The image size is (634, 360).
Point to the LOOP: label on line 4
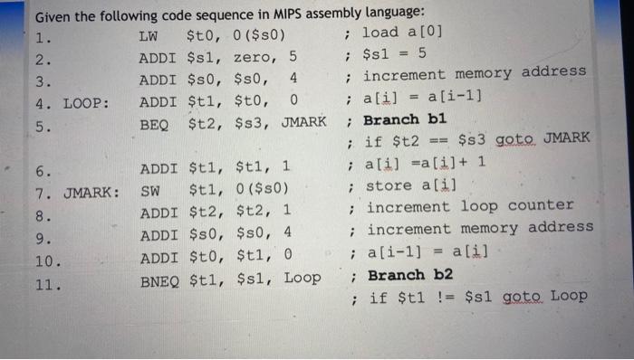pos(85,102)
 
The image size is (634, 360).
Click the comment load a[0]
pos(402,33)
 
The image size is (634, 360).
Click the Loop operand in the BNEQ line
pos(303,279)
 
